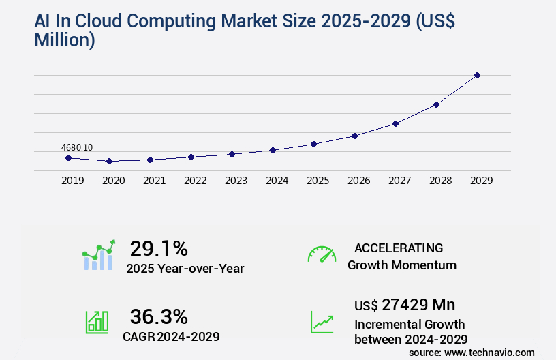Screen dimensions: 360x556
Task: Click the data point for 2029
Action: pos(477,75)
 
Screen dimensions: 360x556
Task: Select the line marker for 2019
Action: pos(68,157)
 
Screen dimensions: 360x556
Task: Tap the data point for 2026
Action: pos(354,136)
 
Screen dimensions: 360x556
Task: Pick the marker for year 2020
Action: pos(109,162)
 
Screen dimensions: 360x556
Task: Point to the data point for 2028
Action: pos(436,104)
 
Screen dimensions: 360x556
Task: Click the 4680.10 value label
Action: pos(77,147)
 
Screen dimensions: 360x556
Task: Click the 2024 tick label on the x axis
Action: pos(277,181)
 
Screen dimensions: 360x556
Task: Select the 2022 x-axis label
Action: pos(195,181)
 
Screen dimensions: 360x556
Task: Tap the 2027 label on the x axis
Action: pos(399,181)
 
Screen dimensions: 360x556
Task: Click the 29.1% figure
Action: pos(159,247)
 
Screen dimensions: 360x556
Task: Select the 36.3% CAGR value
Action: pos(159,316)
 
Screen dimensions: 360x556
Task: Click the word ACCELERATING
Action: pos(399,247)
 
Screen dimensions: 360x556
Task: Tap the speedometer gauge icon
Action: pos(322,254)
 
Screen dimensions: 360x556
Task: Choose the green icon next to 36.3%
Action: pos(97,321)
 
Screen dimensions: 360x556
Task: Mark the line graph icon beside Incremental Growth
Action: pos(322,322)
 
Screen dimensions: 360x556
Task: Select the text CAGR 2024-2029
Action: pos(171,336)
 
